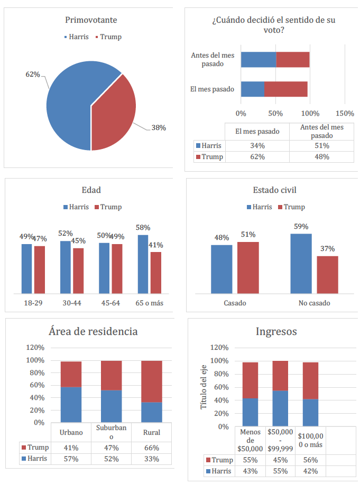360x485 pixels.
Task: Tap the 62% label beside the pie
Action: coord(33,74)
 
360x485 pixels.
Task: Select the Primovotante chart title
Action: coord(91,20)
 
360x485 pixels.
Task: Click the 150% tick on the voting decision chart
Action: coord(345,113)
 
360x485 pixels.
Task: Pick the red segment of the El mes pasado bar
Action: coord(285,89)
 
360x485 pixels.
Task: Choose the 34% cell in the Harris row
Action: coord(257,146)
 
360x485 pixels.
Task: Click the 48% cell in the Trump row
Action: coord(321,157)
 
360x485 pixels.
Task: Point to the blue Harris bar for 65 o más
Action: coord(143,264)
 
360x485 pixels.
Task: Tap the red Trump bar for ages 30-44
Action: coord(78,271)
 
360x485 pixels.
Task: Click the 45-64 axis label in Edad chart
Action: coord(111,303)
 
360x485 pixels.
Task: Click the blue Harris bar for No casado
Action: coord(301,263)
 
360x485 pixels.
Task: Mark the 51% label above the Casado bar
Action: coord(248,235)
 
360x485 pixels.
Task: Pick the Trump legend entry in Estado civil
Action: coord(291,207)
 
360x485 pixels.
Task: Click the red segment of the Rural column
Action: coord(152,381)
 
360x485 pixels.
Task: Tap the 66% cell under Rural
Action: coord(152,447)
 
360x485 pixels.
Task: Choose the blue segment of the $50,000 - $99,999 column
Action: coord(280,408)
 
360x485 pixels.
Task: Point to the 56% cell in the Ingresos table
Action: coord(310,460)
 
